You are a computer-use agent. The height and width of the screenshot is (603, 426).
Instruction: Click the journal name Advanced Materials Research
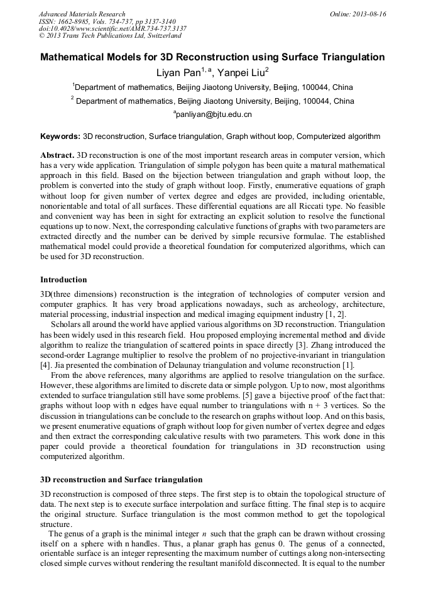(x=82, y=14)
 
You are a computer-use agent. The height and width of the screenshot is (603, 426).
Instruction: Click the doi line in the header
(x=112, y=28)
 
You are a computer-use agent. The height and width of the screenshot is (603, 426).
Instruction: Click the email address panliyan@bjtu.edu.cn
(x=213, y=115)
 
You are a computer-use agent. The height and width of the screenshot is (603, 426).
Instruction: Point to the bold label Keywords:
(x=60, y=136)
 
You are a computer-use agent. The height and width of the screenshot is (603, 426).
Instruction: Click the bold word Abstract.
(x=57, y=155)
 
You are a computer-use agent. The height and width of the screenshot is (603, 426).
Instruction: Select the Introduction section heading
(x=64, y=279)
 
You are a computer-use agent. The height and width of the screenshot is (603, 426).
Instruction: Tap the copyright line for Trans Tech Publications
(x=110, y=36)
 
